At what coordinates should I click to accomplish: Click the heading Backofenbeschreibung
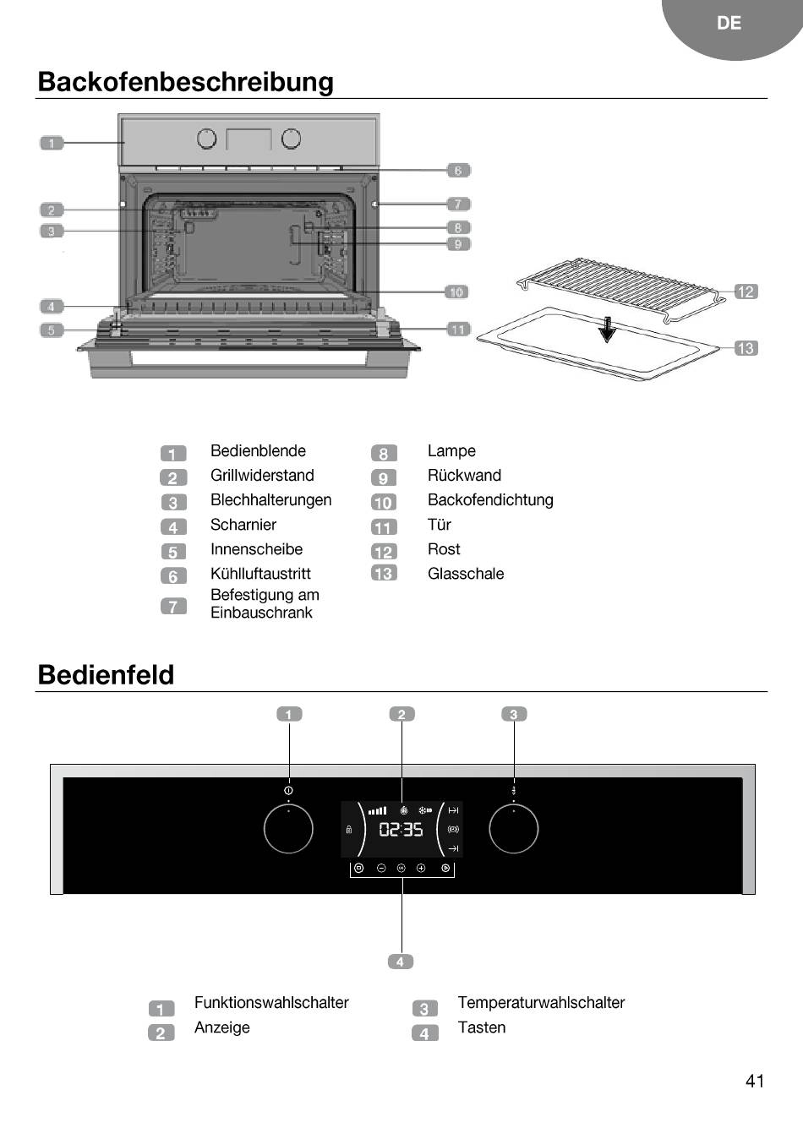click(x=186, y=82)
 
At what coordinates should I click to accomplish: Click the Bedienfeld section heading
click(x=107, y=675)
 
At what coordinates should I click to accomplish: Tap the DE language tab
click(x=729, y=24)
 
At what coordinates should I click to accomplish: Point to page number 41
click(x=755, y=1081)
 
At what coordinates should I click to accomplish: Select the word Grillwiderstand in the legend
click(x=262, y=476)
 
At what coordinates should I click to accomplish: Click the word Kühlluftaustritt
click(x=260, y=574)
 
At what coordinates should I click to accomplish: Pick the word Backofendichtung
click(x=490, y=500)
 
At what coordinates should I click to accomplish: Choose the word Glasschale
click(x=466, y=574)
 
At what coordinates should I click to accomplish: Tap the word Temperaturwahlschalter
click(x=541, y=1003)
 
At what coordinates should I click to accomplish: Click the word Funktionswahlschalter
click(x=271, y=1003)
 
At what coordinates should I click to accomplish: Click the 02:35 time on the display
click(x=401, y=830)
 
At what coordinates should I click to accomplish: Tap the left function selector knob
click(x=288, y=829)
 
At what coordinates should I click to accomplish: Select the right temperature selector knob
click(x=513, y=829)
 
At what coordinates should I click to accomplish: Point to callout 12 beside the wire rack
click(x=746, y=292)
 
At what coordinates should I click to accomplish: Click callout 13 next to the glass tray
click(x=746, y=348)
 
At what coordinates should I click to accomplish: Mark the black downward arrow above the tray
click(x=607, y=330)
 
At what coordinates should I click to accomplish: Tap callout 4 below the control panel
click(x=401, y=962)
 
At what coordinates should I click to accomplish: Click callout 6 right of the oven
click(x=458, y=171)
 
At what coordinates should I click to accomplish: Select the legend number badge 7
click(x=173, y=606)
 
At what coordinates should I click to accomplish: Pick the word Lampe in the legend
click(x=451, y=451)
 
